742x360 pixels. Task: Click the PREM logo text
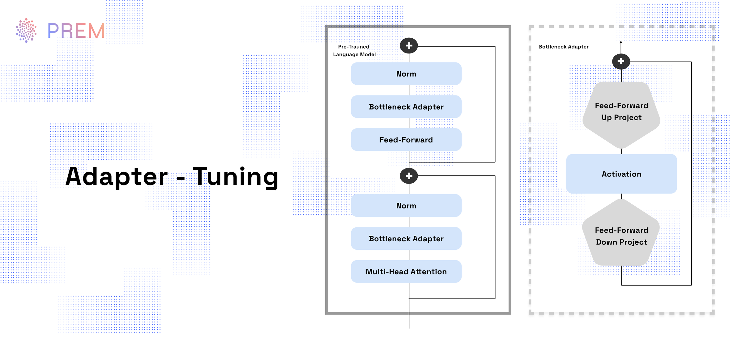(76, 31)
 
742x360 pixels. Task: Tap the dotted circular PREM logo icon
(26, 30)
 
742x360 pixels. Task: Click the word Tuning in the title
(236, 176)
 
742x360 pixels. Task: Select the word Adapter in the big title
(117, 176)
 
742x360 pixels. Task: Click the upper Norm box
(406, 74)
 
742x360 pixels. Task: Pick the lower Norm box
(406, 206)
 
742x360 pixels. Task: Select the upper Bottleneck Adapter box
(406, 107)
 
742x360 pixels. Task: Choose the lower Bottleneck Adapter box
(406, 239)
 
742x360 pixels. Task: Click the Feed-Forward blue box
(406, 140)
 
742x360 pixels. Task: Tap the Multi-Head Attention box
(406, 272)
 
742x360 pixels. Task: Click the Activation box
(621, 174)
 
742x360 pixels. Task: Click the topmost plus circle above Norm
(409, 46)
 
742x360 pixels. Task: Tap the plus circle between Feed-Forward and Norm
(409, 176)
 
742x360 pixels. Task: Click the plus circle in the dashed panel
(621, 61)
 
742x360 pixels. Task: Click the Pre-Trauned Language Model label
(354, 50)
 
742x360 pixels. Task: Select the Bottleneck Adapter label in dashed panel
(563, 47)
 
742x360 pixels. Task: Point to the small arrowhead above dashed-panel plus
(621, 42)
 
